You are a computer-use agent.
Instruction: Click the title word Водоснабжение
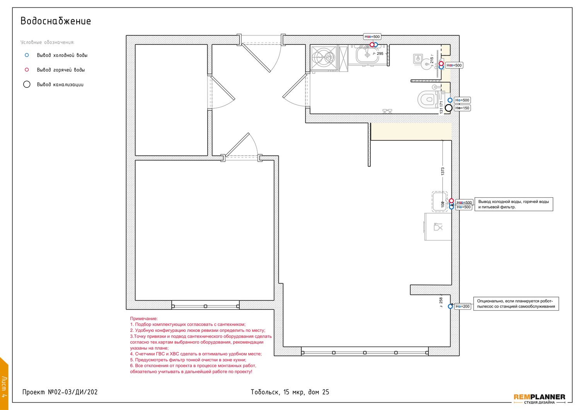coord(56,21)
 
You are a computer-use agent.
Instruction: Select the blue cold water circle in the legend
coord(27,55)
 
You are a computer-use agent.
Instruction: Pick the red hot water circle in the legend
coord(27,70)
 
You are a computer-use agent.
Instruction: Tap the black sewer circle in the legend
coord(27,84)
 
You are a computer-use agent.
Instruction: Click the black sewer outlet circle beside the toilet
coord(449,108)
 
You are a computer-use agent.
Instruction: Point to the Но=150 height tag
coord(462,108)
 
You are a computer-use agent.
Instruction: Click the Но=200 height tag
coord(462,306)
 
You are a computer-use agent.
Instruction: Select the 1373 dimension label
coord(442,171)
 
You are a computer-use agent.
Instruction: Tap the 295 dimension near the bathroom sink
coord(380,54)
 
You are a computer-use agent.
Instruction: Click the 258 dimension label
coord(441,301)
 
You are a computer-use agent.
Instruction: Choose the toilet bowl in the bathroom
coord(428,99)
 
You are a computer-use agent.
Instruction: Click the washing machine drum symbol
coord(324,58)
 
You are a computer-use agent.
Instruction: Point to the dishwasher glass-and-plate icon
coord(438,227)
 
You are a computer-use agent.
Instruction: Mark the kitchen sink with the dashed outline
coord(440,202)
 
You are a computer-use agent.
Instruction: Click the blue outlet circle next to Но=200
coord(450,306)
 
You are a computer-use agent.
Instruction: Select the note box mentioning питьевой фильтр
coord(514,204)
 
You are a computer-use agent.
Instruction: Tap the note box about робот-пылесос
coord(516,304)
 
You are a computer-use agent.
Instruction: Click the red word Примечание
coord(144,319)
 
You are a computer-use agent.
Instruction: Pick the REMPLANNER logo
coord(539,399)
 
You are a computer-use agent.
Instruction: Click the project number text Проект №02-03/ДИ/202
coord(60,392)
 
